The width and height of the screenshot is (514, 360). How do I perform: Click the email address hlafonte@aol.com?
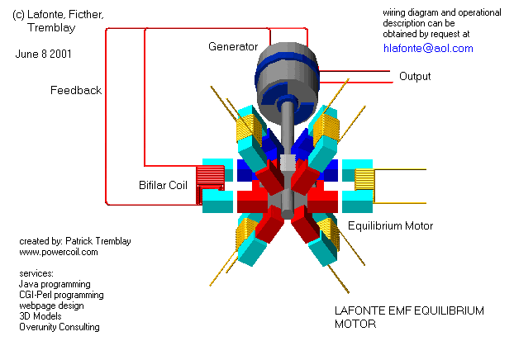coord(428,49)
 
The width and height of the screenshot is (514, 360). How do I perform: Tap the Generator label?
coord(232,46)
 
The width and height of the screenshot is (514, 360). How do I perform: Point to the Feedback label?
coord(75,90)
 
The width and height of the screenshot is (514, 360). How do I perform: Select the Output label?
coord(415,77)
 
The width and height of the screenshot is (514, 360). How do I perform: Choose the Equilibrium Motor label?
coord(390,225)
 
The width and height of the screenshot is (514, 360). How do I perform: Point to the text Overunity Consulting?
coord(59,327)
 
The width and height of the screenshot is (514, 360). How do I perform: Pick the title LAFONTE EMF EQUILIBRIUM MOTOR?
coord(408,317)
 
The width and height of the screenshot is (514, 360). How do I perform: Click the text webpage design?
coord(52,306)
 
